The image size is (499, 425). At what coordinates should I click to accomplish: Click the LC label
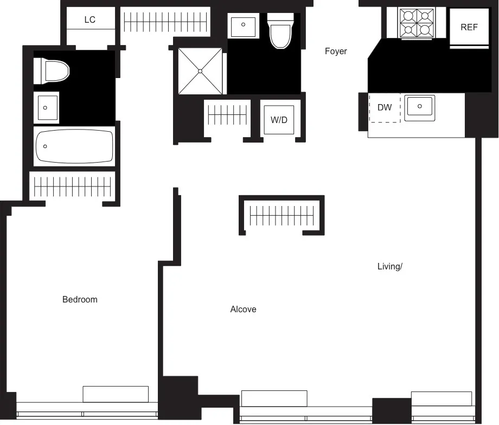[90, 20]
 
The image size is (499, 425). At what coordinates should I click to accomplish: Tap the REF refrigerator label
[469, 27]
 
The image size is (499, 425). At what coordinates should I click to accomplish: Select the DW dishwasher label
[385, 107]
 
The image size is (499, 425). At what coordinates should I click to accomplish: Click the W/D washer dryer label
[279, 120]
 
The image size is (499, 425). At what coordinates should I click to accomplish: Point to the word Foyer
[336, 51]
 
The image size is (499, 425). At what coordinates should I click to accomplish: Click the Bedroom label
[80, 299]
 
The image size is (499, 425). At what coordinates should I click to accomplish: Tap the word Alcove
[243, 309]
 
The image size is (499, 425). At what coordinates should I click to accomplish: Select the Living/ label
[390, 266]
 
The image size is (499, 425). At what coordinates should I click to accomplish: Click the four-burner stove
[417, 23]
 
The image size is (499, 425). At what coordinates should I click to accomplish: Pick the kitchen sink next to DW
[420, 107]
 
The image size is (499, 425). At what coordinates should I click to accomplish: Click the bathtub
[74, 146]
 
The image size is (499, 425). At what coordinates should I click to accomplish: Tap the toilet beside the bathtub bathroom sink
[53, 71]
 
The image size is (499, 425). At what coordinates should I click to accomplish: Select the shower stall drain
[200, 71]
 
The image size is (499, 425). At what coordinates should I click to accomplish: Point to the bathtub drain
[45, 146]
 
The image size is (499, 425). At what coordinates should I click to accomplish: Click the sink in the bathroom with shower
[243, 26]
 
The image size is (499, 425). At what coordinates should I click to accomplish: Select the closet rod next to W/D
[227, 114]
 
